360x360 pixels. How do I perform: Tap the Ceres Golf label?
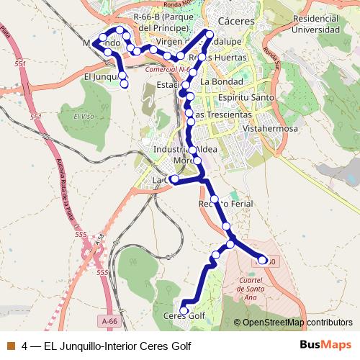pos(185,316)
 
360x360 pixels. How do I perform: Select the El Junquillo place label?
pos(101,76)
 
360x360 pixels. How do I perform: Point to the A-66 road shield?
pos(109,322)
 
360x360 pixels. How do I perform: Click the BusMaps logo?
pos(325,346)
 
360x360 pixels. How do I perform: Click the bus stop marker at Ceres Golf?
pos(184,310)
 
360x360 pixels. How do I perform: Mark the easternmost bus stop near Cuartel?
pos(263,260)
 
